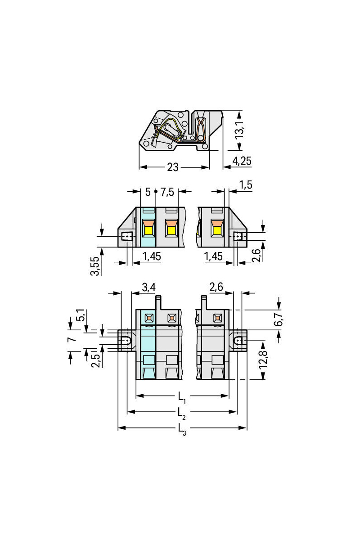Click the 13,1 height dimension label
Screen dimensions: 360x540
pos(240,130)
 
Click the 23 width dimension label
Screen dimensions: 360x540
pos(173,167)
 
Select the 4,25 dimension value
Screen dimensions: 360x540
pos(242,161)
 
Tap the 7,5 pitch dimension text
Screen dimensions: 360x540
pos(167,192)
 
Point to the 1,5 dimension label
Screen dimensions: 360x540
pos(246,185)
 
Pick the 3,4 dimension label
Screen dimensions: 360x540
pos(149,287)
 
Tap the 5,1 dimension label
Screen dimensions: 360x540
pos(80,315)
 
